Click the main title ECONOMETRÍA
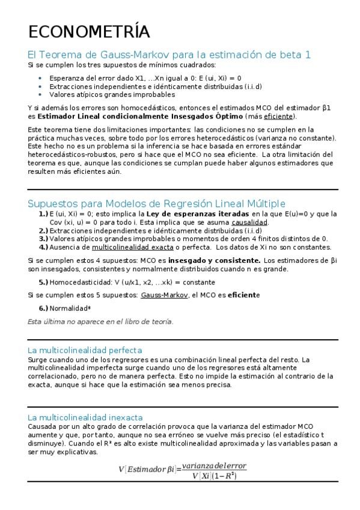(89, 32)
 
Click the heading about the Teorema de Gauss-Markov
(169, 55)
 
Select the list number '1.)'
(43, 214)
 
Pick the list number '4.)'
(43, 247)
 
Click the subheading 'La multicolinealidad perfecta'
(85, 350)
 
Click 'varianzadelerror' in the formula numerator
(214, 466)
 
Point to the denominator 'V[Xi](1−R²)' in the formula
(214, 476)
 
